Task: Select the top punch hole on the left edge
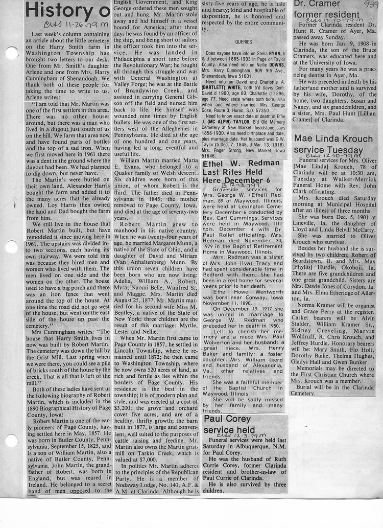11,53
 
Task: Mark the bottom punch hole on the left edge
11,439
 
